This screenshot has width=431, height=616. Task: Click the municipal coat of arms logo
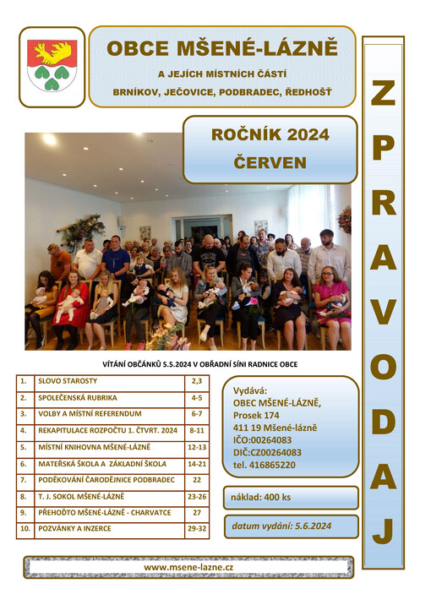[52, 66]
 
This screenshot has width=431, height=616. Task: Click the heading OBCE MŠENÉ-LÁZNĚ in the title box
[221, 48]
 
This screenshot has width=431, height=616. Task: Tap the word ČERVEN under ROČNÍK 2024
[270, 162]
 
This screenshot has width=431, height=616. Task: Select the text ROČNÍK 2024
[270, 134]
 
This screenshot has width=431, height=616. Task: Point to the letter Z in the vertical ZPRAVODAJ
[383, 94]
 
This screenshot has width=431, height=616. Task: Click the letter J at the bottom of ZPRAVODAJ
[383, 531]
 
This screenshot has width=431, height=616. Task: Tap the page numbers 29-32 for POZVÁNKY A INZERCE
[196, 529]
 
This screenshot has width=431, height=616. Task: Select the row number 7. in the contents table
[25, 479]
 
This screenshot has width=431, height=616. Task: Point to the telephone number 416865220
[264, 465]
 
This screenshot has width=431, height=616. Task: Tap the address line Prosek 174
[256, 415]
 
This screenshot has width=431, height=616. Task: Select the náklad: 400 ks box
[291, 498]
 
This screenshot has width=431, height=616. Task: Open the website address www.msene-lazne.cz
[188, 567]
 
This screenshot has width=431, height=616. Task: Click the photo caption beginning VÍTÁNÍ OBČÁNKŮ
[188, 364]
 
